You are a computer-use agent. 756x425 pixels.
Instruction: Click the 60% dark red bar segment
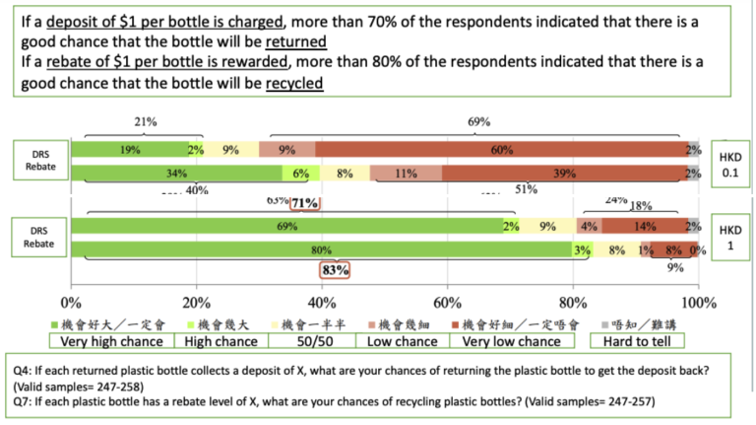point(501,150)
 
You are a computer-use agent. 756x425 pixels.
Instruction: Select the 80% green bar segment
point(322,249)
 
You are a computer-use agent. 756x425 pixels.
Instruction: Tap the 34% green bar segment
point(177,174)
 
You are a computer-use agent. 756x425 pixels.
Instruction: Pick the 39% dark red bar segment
point(565,174)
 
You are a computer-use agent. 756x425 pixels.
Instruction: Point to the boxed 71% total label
point(304,204)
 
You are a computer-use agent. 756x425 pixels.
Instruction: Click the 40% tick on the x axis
point(322,301)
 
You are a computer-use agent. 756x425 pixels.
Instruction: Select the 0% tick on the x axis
point(71,301)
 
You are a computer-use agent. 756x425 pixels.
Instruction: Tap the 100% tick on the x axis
point(698,301)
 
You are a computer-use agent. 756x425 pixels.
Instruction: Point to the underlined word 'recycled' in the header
point(294,84)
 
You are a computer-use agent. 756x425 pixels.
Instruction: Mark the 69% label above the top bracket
point(479,122)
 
